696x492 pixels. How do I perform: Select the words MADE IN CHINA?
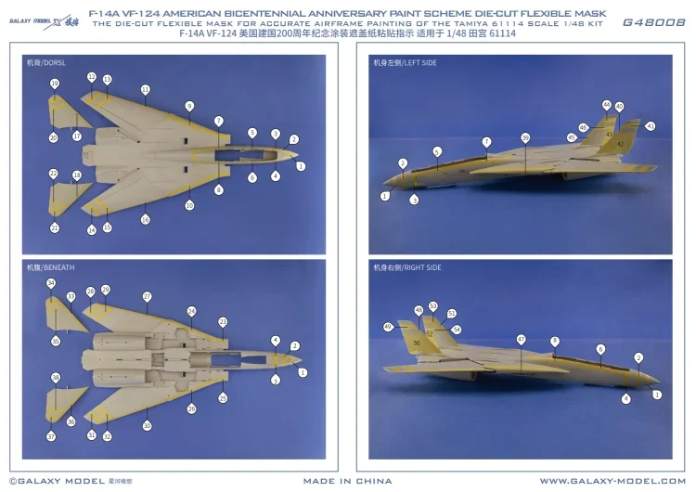click(x=347, y=481)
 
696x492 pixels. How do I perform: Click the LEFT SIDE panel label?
click(x=405, y=62)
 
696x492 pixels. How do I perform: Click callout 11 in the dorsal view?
click(x=146, y=89)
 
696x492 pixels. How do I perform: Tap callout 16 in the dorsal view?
click(x=146, y=219)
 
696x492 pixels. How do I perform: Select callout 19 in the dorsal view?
click(x=55, y=84)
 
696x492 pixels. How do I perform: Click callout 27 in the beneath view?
click(x=147, y=296)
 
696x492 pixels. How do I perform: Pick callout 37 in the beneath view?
click(x=52, y=435)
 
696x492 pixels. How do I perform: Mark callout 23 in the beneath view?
click(x=223, y=321)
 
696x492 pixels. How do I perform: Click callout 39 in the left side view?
click(x=525, y=137)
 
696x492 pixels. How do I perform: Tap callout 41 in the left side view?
click(x=650, y=126)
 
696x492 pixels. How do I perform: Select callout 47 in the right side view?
click(x=521, y=340)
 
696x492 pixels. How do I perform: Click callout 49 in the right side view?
click(x=388, y=327)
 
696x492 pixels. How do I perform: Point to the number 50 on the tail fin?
click(x=417, y=343)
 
